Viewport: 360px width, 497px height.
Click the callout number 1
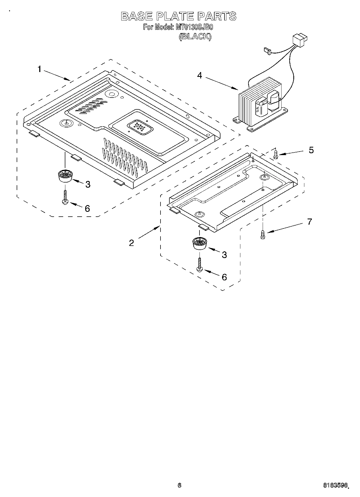coord(40,69)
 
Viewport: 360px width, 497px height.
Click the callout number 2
coord(131,243)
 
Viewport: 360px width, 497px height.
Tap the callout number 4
coord(199,76)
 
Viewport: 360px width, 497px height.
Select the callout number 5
coord(311,150)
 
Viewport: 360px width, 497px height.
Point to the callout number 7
coord(309,222)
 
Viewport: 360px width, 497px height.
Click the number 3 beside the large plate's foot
coord(88,184)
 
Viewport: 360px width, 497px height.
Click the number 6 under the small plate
coord(224,277)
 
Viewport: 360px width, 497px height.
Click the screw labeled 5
coord(276,154)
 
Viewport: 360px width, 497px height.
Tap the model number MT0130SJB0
coord(194,27)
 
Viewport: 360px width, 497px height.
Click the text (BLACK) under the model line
coord(195,36)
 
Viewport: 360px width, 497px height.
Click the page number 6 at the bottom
coord(179,485)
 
